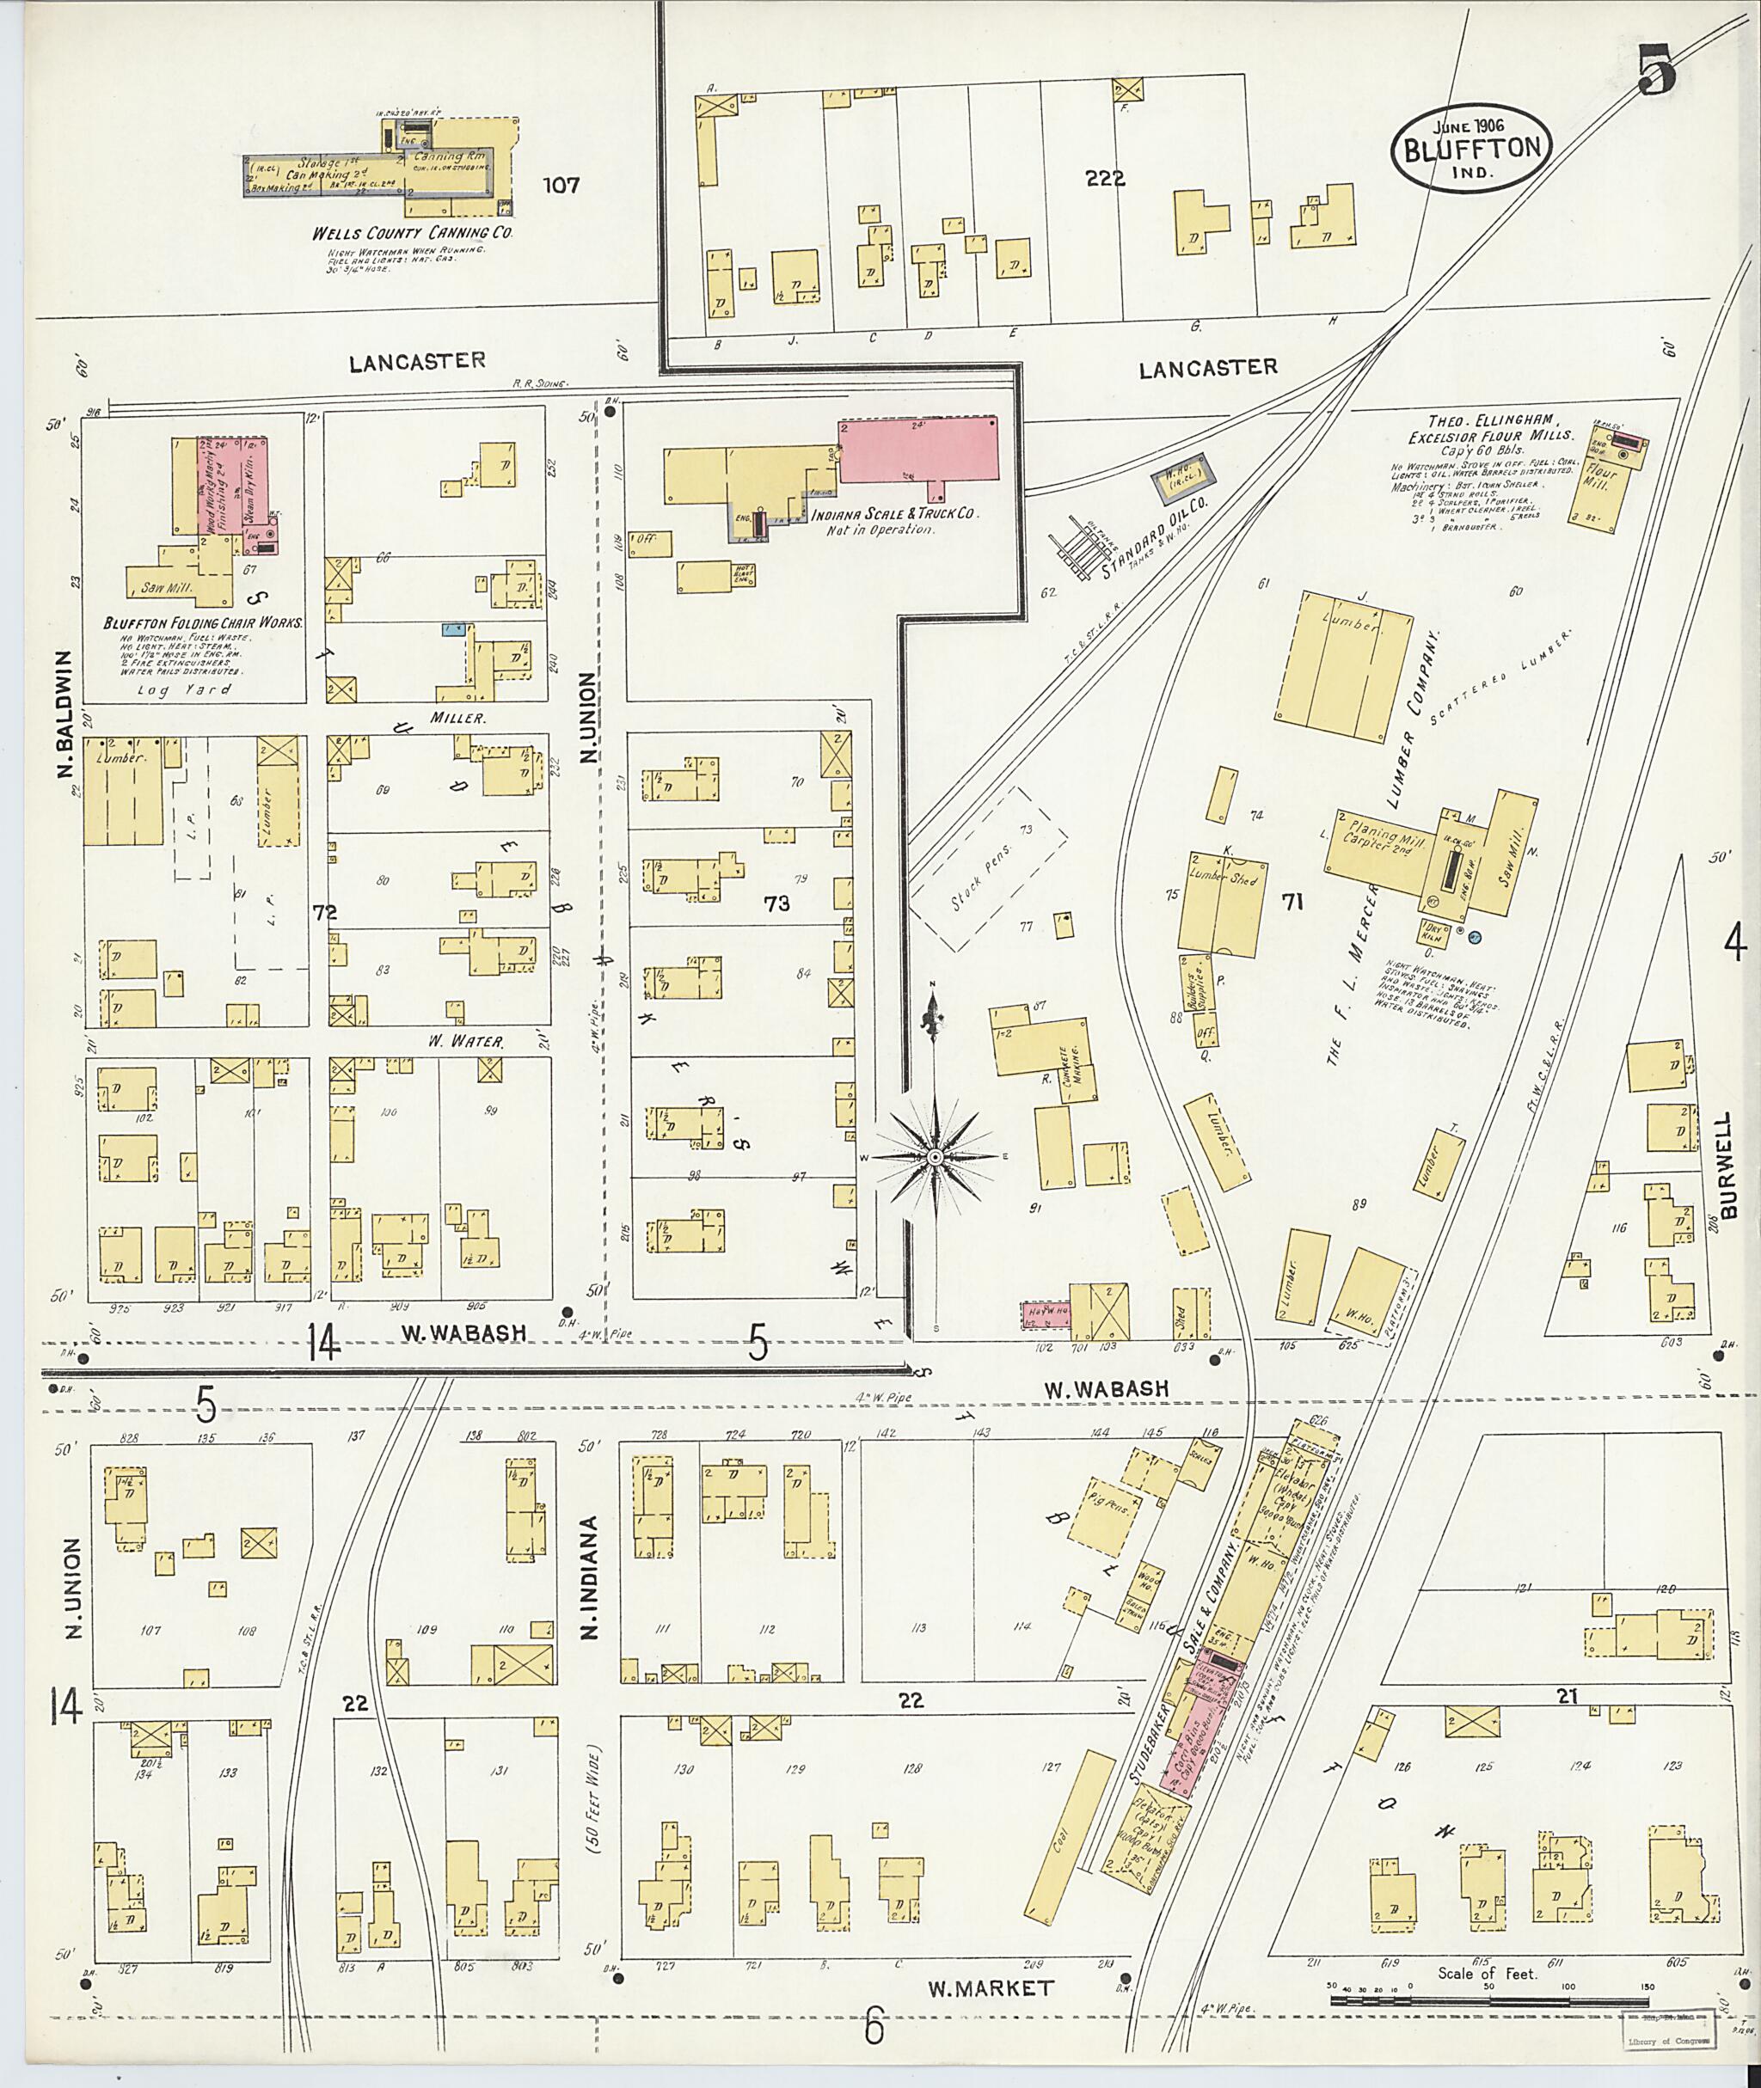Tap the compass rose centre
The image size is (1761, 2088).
[936, 1156]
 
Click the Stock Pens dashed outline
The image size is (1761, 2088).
[986, 868]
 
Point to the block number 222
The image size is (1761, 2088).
[1106, 180]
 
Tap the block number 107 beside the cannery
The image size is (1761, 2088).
[559, 186]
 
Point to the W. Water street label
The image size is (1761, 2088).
[466, 1041]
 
